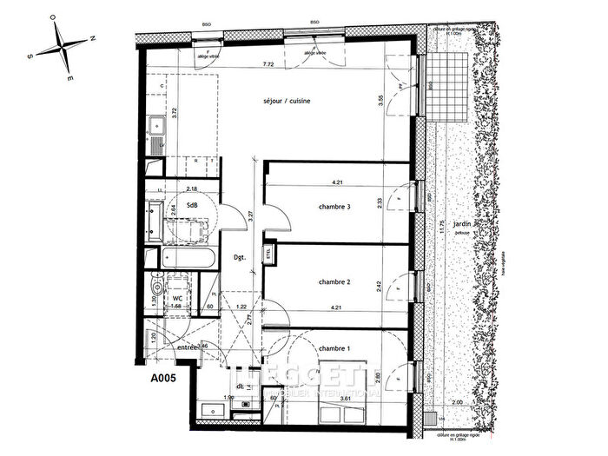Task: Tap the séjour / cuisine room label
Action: click(287, 102)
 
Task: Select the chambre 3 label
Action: click(334, 206)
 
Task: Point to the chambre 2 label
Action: click(334, 281)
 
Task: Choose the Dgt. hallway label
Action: click(240, 258)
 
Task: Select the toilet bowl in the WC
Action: click(158, 287)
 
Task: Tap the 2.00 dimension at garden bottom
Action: click(458, 405)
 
